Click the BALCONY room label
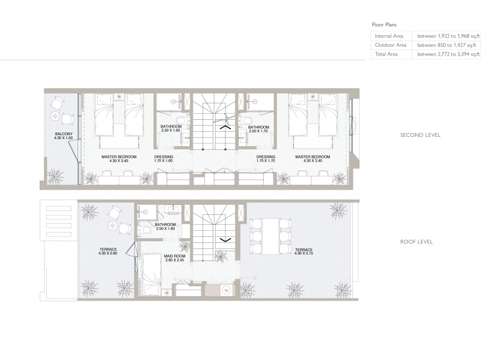(x=64, y=134)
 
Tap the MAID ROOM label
(x=174, y=256)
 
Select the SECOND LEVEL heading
(x=420, y=135)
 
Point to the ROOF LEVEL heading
(x=416, y=242)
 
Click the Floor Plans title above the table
(x=384, y=25)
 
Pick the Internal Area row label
(x=389, y=36)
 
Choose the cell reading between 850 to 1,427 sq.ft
(x=446, y=45)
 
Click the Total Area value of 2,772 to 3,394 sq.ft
(x=449, y=54)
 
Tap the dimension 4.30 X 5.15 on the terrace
(x=303, y=253)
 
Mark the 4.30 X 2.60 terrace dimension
(x=108, y=253)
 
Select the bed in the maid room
(x=151, y=274)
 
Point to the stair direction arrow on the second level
(x=225, y=128)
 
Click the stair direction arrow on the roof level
(x=225, y=239)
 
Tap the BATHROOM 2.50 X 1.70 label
(x=258, y=129)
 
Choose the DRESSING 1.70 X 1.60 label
(x=163, y=159)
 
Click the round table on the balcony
(x=55, y=116)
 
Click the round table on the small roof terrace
(x=113, y=225)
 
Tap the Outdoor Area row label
(x=390, y=45)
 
